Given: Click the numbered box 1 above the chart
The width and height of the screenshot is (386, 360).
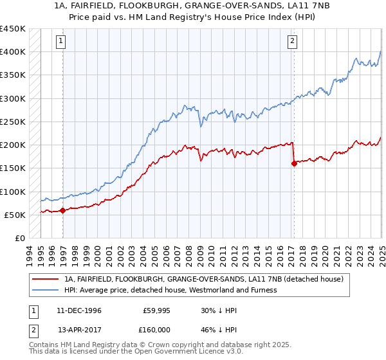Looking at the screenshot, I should coord(60,42).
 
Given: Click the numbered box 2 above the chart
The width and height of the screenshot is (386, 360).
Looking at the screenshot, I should coord(292,42).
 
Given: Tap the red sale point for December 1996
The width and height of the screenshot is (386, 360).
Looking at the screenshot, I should coord(63,210).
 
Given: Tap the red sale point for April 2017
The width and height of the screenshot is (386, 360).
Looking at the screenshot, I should coord(294,163).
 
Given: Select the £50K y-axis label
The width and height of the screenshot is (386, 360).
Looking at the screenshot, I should coord(15,215).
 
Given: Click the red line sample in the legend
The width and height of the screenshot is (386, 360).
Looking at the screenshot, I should coord(46,279).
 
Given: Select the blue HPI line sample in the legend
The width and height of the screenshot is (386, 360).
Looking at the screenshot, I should coord(46,290).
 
